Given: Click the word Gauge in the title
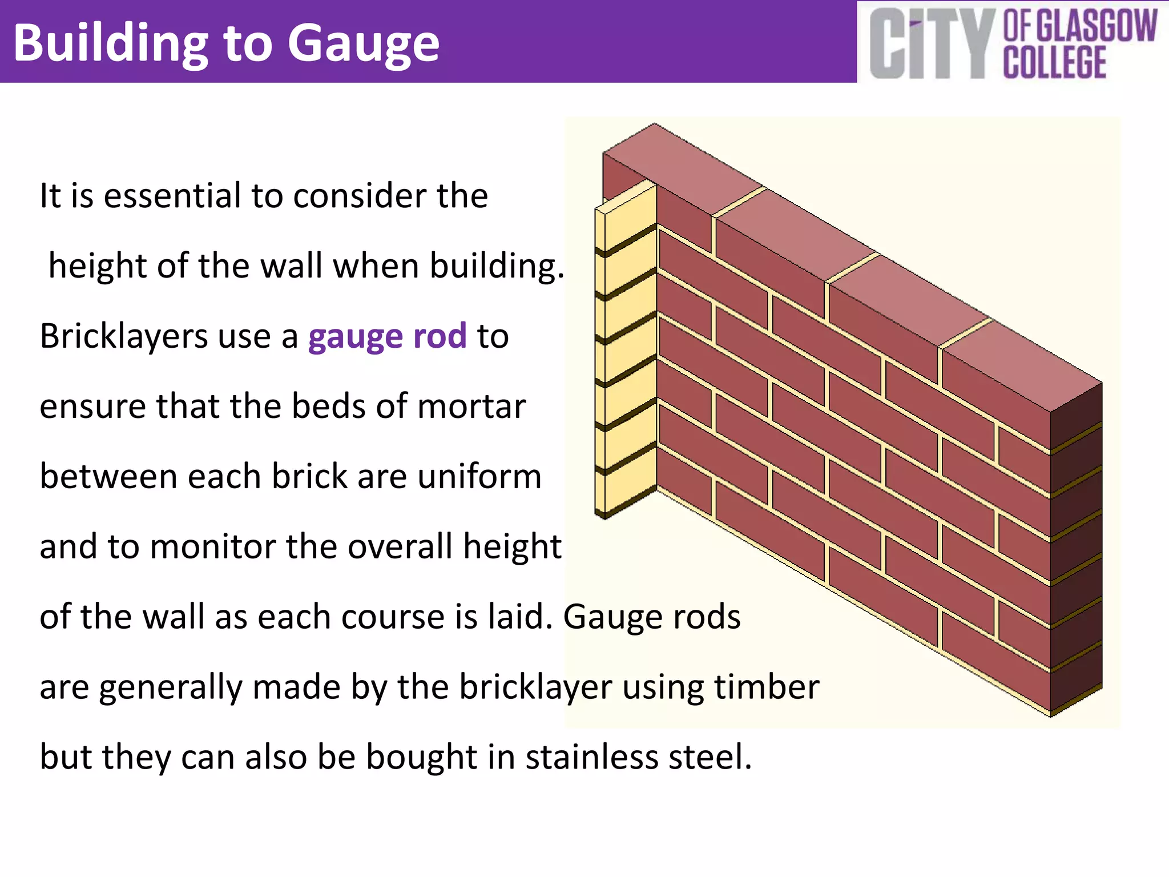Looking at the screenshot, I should point(364,45).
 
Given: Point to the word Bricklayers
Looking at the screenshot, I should point(123,336).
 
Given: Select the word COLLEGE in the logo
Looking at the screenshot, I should point(1055,63).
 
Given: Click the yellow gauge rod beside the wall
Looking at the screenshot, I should point(626,354).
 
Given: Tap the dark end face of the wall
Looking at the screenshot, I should point(1076,548).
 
